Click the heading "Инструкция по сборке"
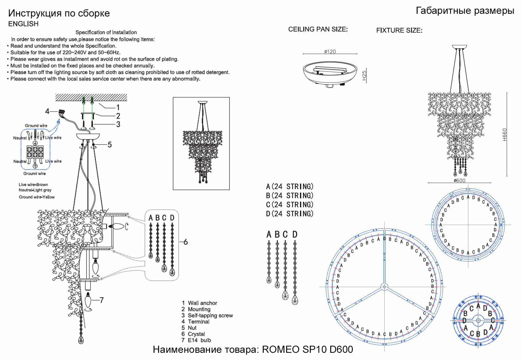coord(59,13)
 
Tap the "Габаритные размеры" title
coord(465,11)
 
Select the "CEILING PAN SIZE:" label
coord(318,29)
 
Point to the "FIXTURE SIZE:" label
coord(399,31)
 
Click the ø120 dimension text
coord(330,52)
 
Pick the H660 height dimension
coord(505,135)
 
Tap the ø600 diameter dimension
coord(459,181)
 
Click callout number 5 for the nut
coord(110,145)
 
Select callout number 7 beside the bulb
coord(102,300)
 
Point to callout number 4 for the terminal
coord(47,112)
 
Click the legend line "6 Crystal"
coord(193,334)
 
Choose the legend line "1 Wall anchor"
coord(199,303)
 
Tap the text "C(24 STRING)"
coord(289,205)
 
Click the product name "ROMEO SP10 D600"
coord(307,349)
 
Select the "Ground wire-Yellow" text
coord(37,197)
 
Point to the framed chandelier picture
coord(201,143)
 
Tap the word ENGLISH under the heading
coord(23,24)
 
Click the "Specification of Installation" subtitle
coord(106,32)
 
